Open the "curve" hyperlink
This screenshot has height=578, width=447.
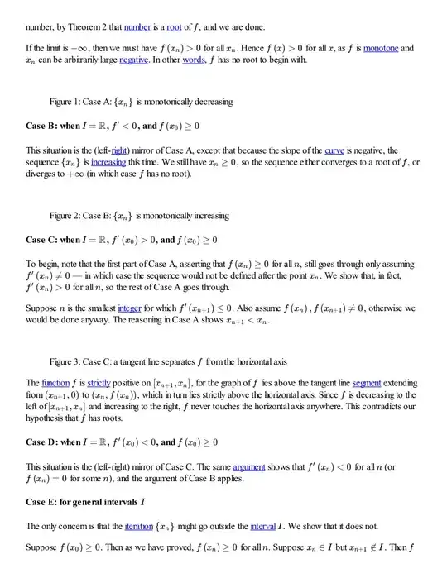tap(335, 150)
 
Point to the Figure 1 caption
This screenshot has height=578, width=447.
tap(141, 102)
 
